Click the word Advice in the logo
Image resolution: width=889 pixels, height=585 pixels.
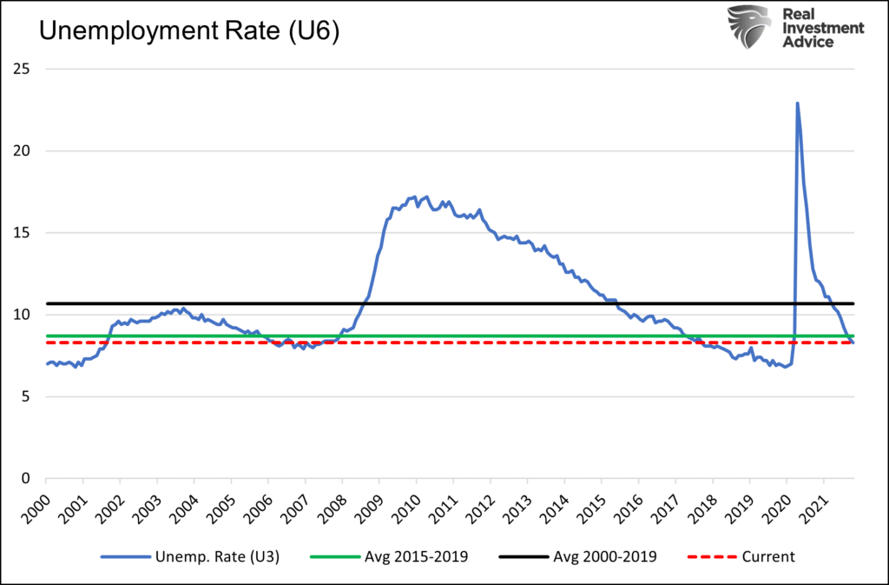[809, 43]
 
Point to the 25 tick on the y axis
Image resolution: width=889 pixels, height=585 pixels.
[27, 69]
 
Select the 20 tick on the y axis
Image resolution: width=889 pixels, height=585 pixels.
[27, 150]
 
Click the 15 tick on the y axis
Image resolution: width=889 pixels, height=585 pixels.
[27, 232]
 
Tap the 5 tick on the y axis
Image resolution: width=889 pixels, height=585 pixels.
[30, 396]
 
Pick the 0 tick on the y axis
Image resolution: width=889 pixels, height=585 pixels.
[30, 478]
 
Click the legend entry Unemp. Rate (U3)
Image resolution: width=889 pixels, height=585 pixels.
[213, 555]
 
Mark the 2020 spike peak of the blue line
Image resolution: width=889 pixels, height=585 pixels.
[797, 103]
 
